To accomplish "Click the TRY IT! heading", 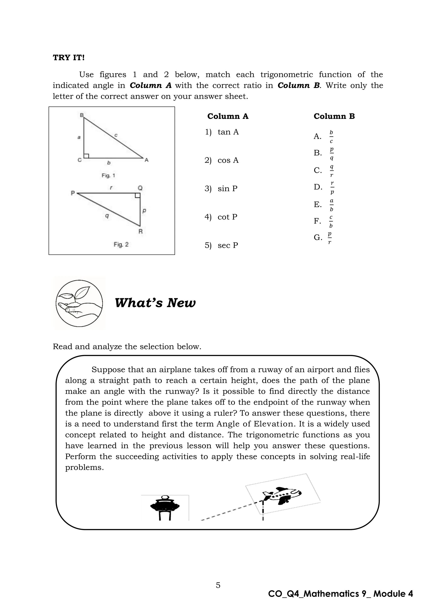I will pos(69,58).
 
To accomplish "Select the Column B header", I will pos(334,116).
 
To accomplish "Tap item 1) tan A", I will pos(222,132).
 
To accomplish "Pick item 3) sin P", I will pos(221,189).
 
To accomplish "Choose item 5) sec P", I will pos(221,245).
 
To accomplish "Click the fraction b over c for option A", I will pos(331,137).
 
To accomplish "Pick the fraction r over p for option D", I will pos(332,187).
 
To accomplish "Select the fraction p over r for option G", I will pos(330,238).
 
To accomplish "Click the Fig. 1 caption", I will pos(108,175).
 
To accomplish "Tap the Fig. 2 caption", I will pos(121,244).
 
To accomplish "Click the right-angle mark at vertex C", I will pos(86,156).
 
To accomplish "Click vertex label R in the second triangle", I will pos(141,231).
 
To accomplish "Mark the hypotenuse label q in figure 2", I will pos(107,215).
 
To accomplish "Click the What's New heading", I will pos(155,303).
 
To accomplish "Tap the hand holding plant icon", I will pos(79,303).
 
